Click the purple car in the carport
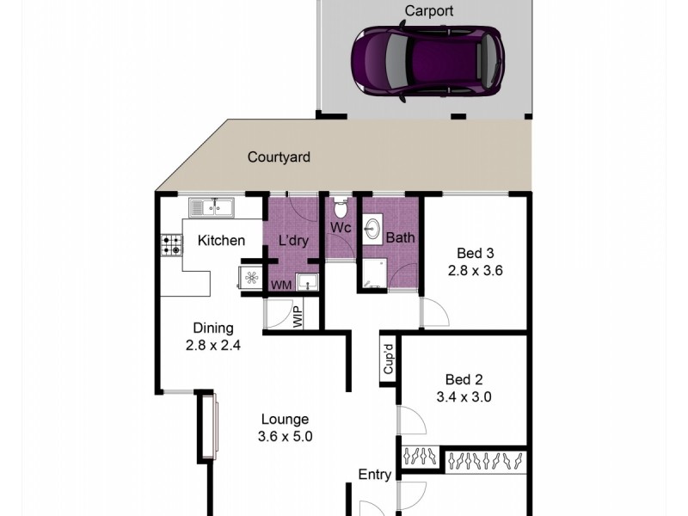(427, 62)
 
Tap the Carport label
(428, 12)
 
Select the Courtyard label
(279, 157)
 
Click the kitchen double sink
(211, 206)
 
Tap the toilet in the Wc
(341, 208)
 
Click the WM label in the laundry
(280, 285)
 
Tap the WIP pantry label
(298, 316)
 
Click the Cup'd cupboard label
(388, 360)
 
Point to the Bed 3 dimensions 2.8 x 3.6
(475, 270)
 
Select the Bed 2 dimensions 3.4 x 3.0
(464, 397)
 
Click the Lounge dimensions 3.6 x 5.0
(285, 436)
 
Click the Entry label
(375, 475)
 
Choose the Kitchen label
(221, 241)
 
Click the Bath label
(400, 237)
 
